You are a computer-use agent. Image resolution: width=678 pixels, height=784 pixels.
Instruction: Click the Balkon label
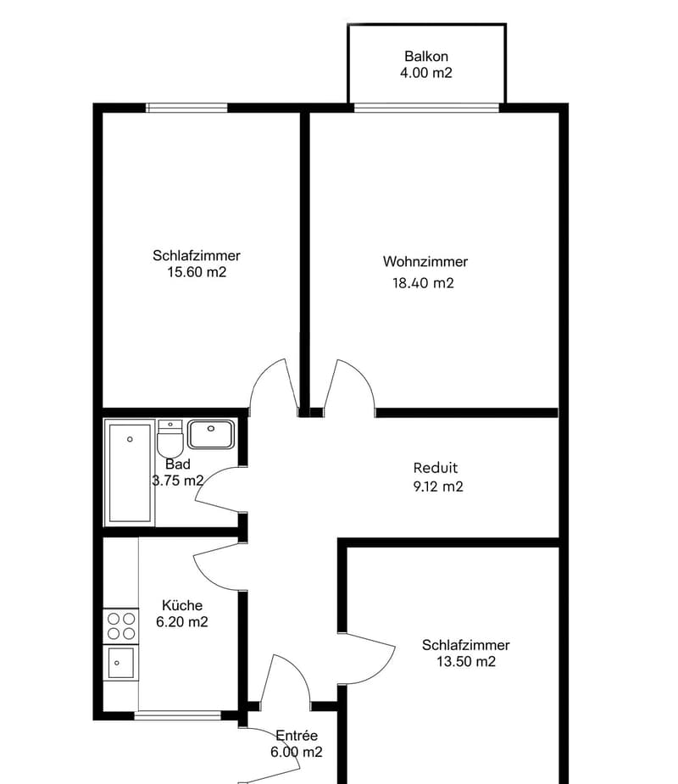tap(426, 56)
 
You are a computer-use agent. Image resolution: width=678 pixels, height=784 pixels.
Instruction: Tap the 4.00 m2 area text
tap(426, 73)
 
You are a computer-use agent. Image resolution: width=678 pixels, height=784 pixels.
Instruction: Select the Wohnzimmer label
tap(425, 262)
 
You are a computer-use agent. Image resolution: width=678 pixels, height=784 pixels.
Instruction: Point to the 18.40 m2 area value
tap(423, 283)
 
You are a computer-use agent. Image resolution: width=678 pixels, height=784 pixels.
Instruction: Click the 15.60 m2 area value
tap(197, 272)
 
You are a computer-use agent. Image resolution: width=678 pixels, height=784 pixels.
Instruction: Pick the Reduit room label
tap(436, 468)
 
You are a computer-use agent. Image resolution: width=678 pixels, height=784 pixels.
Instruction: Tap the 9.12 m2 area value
tap(438, 487)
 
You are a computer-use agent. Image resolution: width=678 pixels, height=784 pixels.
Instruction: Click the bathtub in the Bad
tap(130, 473)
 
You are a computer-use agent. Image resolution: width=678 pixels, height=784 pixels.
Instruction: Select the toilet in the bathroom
tap(170, 439)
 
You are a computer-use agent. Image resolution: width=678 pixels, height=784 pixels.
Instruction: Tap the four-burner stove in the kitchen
tap(121, 626)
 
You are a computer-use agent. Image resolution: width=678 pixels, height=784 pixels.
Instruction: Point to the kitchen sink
tap(121, 663)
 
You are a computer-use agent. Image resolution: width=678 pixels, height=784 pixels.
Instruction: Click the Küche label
tap(182, 605)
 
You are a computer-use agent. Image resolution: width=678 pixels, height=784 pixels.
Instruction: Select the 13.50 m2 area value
tap(466, 661)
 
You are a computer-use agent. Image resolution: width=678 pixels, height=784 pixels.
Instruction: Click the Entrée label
tap(297, 736)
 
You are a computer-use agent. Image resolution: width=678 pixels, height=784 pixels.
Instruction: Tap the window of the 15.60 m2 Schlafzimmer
tap(187, 108)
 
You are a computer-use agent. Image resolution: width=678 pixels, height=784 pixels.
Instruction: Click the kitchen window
tap(177, 715)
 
